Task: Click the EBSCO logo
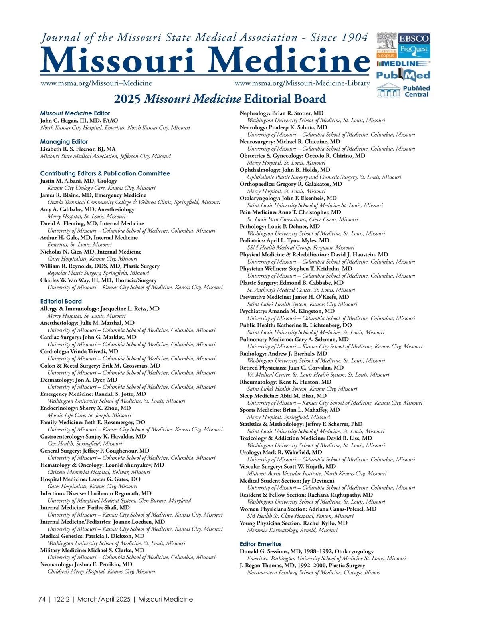pyautogui.click(x=414, y=39)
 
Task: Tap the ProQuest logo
pyautogui.click(x=414, y=50)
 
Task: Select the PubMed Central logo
pyautogui.click(x=403, y=91)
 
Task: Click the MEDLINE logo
pyautogui.click(x=403, y=63)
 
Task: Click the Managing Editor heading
pyautogui.click(x=64, y=142)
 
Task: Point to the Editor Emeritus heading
pyautogui.click(x=260, y=544)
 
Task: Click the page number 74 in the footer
pyautogui.click(x=42, y=599)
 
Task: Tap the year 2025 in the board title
pyautogui.click(x=127, y=99)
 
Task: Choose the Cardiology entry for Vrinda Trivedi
pyautogui.click(x=79, y=352)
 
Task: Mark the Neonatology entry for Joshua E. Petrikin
pyautogui.click(x=86, y=564)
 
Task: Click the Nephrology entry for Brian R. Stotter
pyautogui.click(x=281, y=113)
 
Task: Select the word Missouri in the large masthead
pyautogui.click(x=118, y=61)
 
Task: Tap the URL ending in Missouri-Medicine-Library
pyautogui.click(x=302, y=83)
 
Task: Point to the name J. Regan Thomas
pyautogui.click(x=262, y=566)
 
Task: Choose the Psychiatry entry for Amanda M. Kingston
pyautogui.click(x=287, y=311)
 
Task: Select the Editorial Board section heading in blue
pyautogui.click(x=61, y=302)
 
